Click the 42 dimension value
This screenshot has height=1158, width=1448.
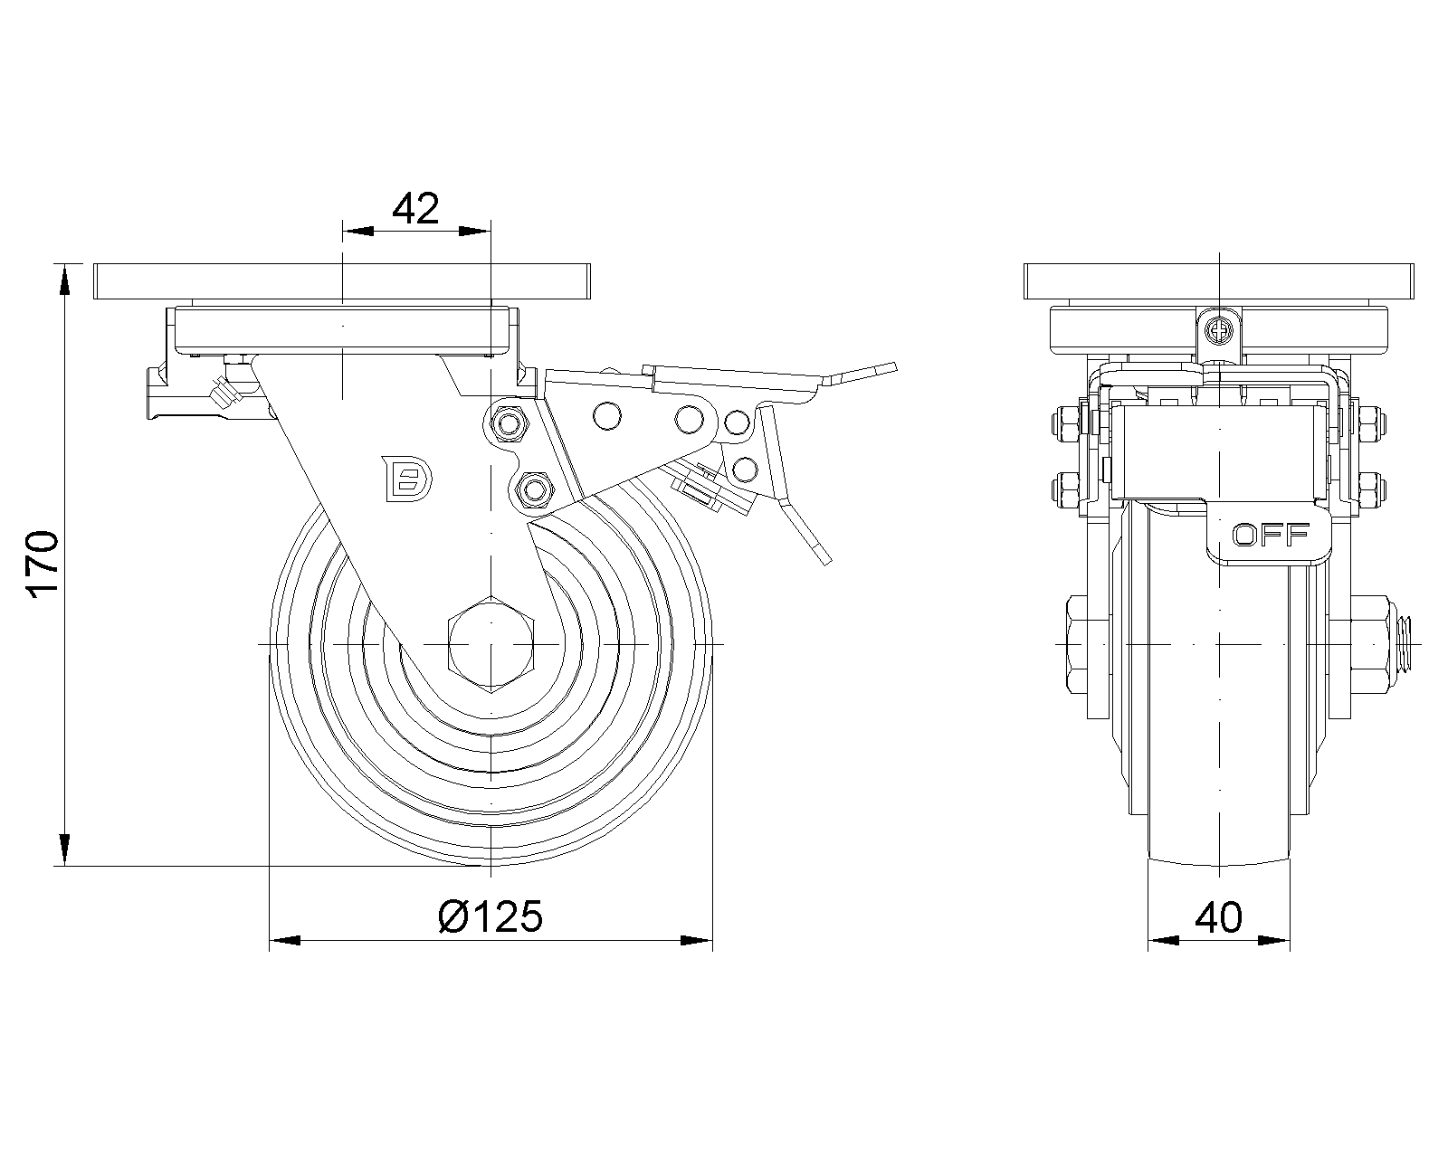tap(415, 209)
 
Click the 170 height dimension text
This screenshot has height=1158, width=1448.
tap(43, 565)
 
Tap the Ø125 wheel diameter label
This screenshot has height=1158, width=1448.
tap(491, 917)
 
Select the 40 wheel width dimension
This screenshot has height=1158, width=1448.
tap(1218, 918)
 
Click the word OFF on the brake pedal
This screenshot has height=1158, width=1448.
tap(1271, 536)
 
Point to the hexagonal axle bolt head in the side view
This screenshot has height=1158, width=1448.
tap(491, 644)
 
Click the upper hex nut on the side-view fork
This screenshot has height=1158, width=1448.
tap(508, 422)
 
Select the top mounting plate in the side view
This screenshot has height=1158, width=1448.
tap(343, 281)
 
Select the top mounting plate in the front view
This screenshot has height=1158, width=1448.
tap(1218, 281)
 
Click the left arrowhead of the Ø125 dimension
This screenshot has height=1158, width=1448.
tap(285, 942)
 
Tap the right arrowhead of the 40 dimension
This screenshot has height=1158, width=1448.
tap(1275, 942)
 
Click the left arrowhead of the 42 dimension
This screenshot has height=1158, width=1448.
tap(358, 232)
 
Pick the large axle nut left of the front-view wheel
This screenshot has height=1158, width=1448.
tap(1089, 644)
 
